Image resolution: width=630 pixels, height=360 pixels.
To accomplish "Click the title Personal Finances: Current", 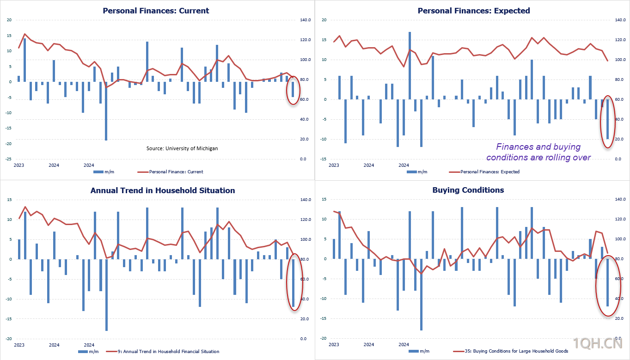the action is tap(156, 11).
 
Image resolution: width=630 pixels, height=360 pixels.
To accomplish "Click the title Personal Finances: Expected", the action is tap(474, 11).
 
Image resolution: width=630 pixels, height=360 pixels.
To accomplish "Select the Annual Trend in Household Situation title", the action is tap(163, 190).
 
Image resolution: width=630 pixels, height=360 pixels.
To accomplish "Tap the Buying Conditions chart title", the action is tap(468, 190).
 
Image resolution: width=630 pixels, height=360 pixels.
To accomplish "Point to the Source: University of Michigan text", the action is tap(182, 148).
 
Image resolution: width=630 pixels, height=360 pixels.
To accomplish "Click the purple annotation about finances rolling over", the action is tap(538, 152).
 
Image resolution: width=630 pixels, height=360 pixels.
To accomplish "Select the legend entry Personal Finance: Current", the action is tap(170, 171).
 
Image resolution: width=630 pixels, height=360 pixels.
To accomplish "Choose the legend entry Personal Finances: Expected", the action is tap(484, 171).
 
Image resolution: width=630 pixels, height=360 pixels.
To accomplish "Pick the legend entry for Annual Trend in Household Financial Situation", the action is tap(163, 351).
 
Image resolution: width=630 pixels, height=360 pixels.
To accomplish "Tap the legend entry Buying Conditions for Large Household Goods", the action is tap(510, 351).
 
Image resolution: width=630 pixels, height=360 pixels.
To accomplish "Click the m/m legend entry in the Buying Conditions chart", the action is tap(419, 351).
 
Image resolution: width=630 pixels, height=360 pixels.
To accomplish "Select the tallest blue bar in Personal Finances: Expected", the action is tap(410, 66).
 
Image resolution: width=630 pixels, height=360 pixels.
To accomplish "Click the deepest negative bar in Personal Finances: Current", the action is tap(106, 111).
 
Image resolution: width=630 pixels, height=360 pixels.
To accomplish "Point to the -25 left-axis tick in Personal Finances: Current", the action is tap(8, 159).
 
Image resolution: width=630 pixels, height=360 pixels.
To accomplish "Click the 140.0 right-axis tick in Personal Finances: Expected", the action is tap(620, 20).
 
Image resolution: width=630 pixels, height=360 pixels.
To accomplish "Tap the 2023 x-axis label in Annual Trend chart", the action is tap(19, 345).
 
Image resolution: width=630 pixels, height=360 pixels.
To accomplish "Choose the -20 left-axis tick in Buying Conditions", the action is tap(324, 338).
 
